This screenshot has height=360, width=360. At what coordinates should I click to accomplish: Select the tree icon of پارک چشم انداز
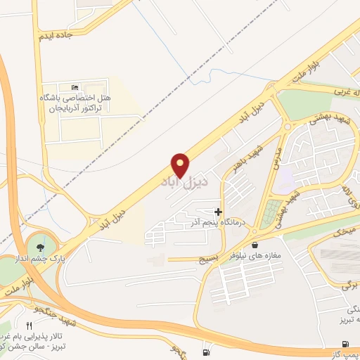(39, 247)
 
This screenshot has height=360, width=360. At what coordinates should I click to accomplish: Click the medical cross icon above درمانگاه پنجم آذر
(218, 212)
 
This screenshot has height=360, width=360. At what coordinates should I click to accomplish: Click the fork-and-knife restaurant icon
(29, 326)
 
